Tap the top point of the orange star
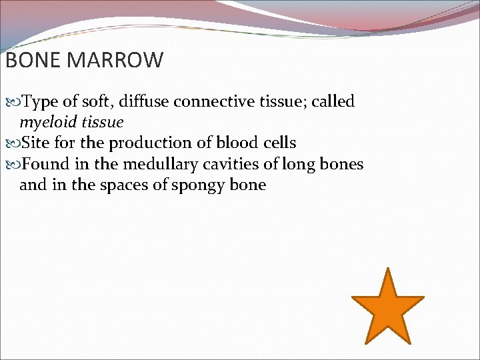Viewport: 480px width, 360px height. pyautogui.click(x=387, y=271)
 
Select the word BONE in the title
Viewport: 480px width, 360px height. pyautogui.click(x=33, y=61)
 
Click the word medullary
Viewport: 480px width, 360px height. pyautogui.click(x=159, y=164)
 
